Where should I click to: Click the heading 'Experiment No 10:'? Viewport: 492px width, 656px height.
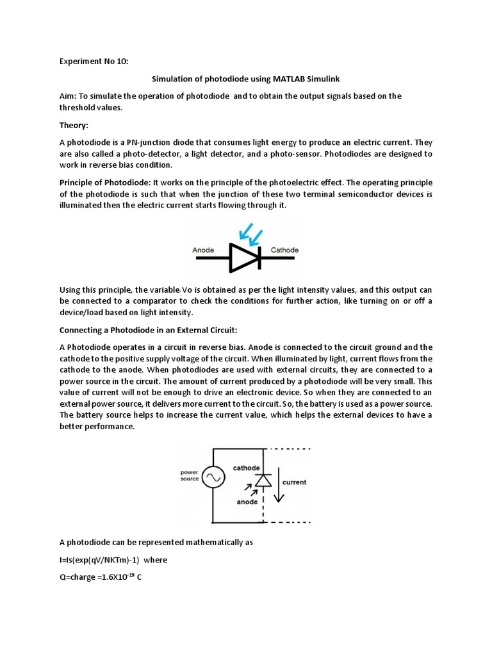pyautogui.click(x=94, y=62)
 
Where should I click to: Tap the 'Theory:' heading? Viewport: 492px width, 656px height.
pyautogui.click(x=74, y=126)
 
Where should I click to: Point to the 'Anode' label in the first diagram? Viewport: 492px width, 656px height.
pyautogui.click(x=203, y=250)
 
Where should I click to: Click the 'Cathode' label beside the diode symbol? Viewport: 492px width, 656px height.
pyautogui.click(x=284, y=250)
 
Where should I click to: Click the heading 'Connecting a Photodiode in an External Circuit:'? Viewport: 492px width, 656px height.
pyautogui.click(x=148, y=330)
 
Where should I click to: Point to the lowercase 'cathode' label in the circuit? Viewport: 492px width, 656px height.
pyautogui.click(x=246, y=468)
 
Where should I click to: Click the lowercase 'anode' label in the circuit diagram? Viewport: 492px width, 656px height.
pyautogui.click(x=247, y=502)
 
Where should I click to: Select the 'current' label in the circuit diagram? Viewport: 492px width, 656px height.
pyautogui.click(x=294, y=482)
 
